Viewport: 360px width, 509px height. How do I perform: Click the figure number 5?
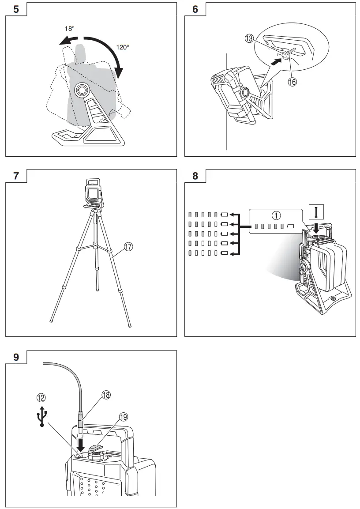pyautogui.click(x=16, y=9)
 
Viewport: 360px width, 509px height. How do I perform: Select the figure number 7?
pyautogui.click(x=16, y=176)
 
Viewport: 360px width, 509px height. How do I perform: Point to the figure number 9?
pyautogui.click(x=16, y=357)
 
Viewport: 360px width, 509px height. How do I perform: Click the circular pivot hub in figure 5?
pyautogui.click(x=81, y=90)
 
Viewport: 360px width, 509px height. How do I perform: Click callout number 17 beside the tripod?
pyautogui.click(x=128, y=247)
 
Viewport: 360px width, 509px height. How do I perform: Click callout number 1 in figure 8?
pyautogui.click(x=276, y=215)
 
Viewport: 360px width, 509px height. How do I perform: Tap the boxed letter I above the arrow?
pyautogui.click(x=316, y=213)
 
